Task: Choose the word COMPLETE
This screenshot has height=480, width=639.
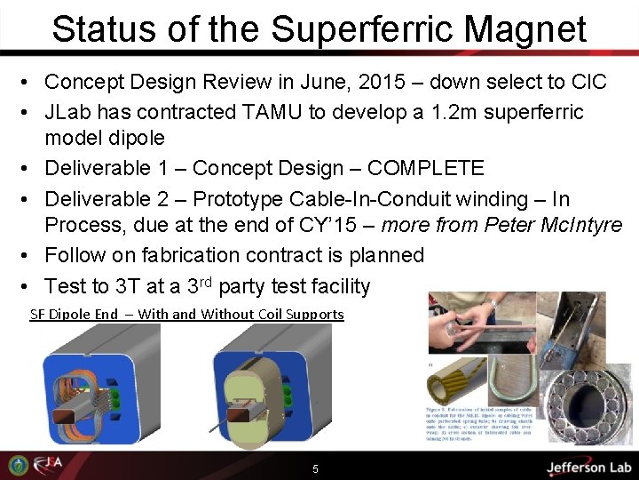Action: click(425, 168)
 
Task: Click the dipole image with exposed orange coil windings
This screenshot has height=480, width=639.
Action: click(100, 391)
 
